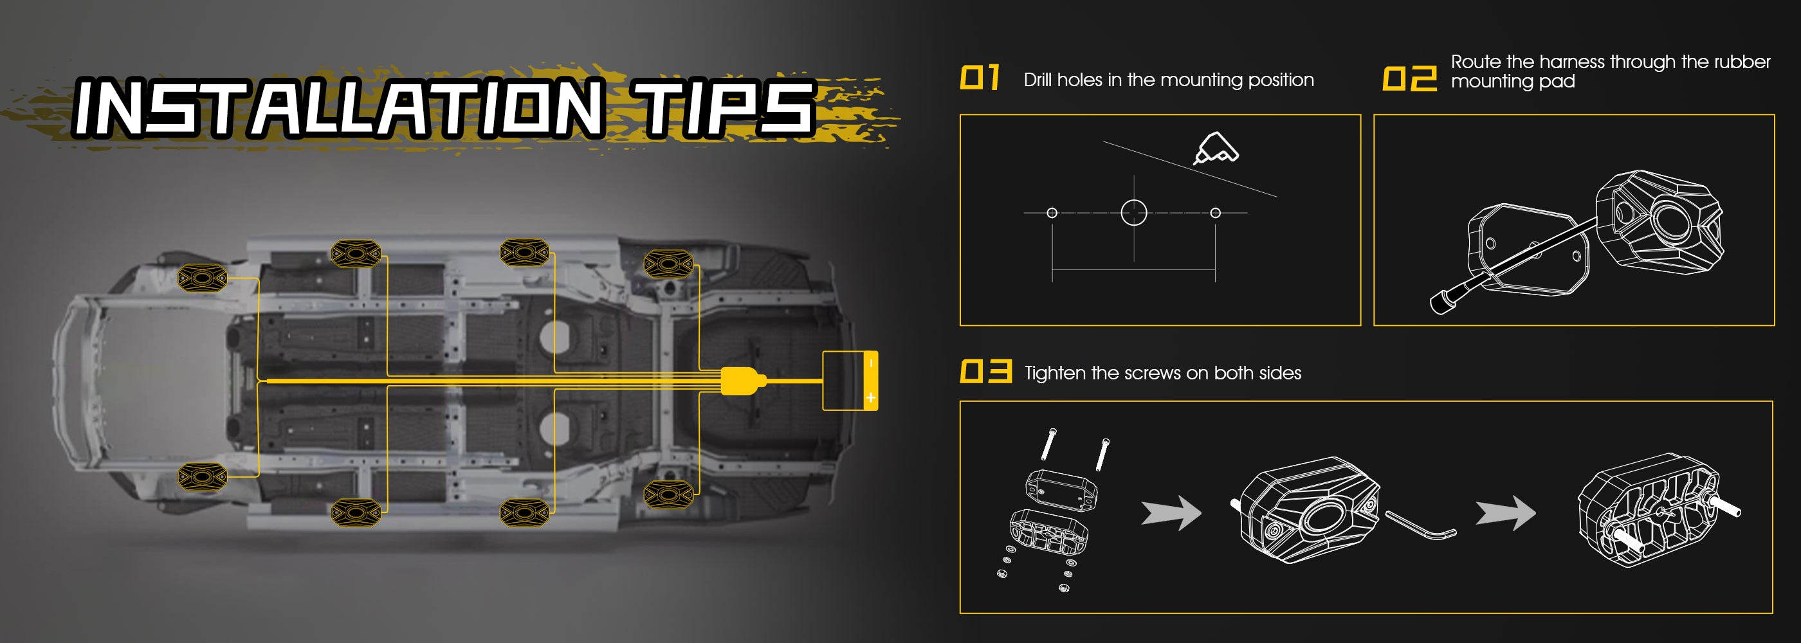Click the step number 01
pos(980,78)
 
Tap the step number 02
pos(1409,78)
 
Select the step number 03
pos(986,371)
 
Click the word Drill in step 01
pos(1038,80)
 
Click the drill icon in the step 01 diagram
pos(1216,148)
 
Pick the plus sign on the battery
pos(870,397)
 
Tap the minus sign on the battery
pos(871,363)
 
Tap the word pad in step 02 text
pos(1559,82)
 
